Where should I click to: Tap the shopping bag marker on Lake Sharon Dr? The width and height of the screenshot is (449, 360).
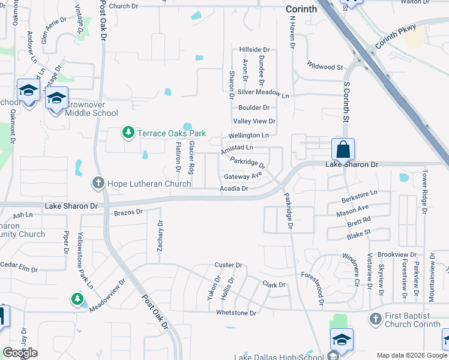click(343, 149)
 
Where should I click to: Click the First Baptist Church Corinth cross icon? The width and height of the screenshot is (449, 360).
click(375, 319)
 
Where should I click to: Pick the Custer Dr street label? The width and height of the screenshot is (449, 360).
click(228, 265)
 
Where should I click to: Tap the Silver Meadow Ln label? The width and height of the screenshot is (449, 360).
click(263, 94)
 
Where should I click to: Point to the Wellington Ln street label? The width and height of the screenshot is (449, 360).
click(252, 136)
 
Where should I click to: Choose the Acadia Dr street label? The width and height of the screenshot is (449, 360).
click(234, 188)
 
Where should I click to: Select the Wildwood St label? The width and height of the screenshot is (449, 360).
click(324, 67)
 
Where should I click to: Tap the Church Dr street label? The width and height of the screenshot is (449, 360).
click(124, 6)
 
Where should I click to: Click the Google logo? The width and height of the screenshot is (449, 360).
click(20, 353)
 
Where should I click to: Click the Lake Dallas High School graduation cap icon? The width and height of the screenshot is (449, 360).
click(341, 340)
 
